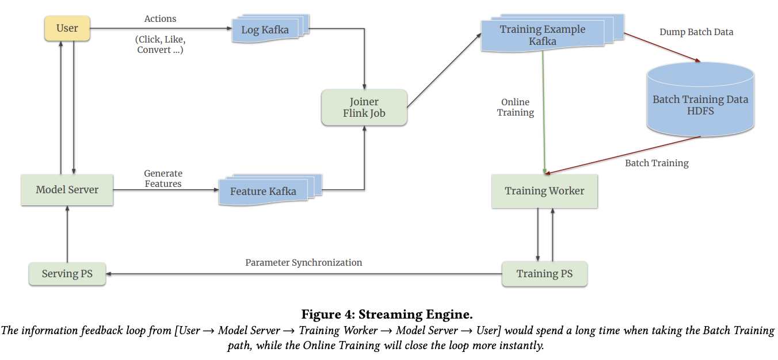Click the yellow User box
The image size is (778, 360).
[67, 28]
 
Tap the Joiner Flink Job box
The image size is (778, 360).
[364, 108]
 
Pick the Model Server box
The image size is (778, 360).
[67, 190]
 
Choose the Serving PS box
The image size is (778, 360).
[67, 274]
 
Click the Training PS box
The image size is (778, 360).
[544, 274]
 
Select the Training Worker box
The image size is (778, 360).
[544, 191]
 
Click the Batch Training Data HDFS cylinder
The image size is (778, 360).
[700, 104]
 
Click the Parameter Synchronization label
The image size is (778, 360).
[303, 263]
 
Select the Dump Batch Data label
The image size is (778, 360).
[696, 32]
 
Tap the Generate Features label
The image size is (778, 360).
[163, 179]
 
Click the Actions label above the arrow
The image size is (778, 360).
[160, 19]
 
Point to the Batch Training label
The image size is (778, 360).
[657, 163]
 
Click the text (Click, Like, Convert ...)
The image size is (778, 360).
[160, 45]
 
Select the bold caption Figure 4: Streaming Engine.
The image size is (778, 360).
[387, 315]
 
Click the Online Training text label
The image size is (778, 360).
[515, 108]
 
